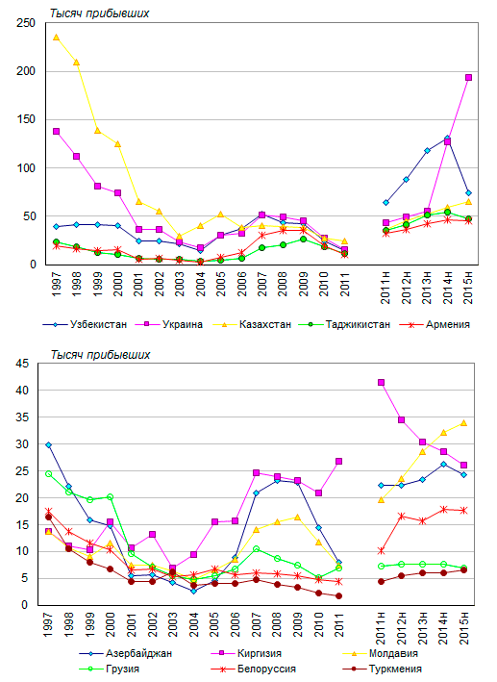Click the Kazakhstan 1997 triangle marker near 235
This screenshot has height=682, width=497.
pos(56,38)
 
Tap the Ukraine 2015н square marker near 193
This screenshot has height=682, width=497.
pos(468,77)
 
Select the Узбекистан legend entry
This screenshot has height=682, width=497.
pos(86,324)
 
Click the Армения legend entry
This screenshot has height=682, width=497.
pos(435,324)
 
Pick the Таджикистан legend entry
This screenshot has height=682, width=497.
pos(345,324)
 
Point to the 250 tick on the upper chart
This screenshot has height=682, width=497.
pos(26,23)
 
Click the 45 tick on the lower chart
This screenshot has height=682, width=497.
pos(22,364)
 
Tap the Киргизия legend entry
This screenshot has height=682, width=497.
pos(246,653)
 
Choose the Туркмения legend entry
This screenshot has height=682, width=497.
pos(383,669)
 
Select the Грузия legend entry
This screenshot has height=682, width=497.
pos(110,669)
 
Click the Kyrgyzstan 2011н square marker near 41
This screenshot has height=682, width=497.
pos(382,383)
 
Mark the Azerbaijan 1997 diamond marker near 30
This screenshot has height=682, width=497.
pos(48,445)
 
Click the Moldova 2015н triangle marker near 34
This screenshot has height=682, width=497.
pos(464,423)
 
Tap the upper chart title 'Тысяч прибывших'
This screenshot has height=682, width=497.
pos(100,13)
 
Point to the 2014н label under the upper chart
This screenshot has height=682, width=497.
pos(448,287)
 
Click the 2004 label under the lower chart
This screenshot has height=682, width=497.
pos(194,624)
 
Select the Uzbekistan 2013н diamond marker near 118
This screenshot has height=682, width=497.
pos(427,151)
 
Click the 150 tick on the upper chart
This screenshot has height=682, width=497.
pos(26,119)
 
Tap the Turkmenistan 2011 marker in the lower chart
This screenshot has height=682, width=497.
pos(338,595)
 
